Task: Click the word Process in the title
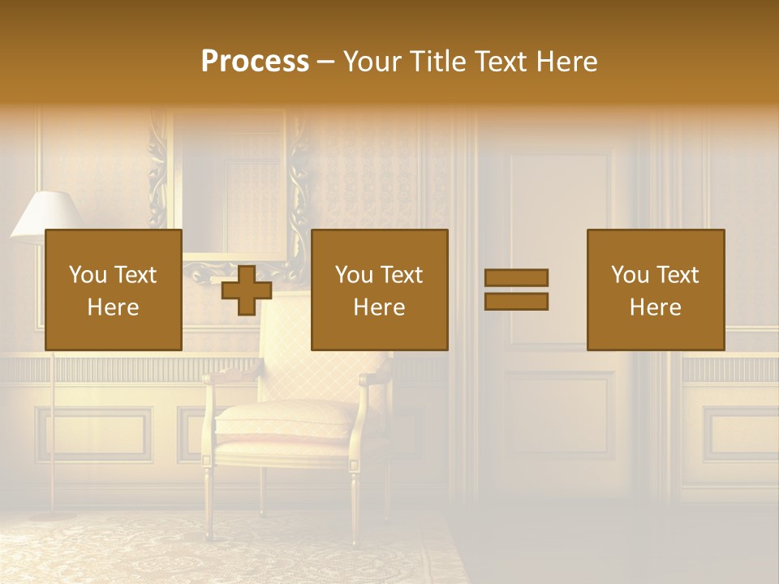pyautogui.click(x=255, y=62)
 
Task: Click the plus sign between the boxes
pyautogui.click(x=247, y=290)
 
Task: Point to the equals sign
pyautogui.click(x=516, y=290)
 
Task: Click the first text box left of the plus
pyautogui.click(x=114, y=290)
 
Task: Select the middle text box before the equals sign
pyautogui.click(x=380, y=290)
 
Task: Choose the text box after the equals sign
pyautogui.click(x=656, y=290)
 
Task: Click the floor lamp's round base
pyautogui.click(x=54, y=514)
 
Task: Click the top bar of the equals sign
pyautogui.click(x=516, y=278)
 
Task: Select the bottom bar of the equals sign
pyautogui.click(x=516, y=302)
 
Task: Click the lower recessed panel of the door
pyautogui.click(x=559, y=414)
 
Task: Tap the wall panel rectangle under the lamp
pyautogui.click(x=93, y=433)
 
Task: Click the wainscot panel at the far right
pyautogui.click(x=740, y=434)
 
